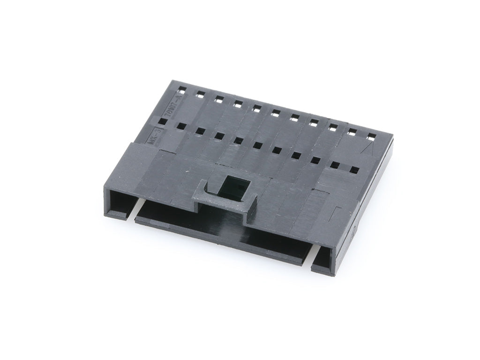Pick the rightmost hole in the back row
click(x=371, y=136)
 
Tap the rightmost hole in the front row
click(x=355, y=170)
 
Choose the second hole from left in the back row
click(x=200, y=93)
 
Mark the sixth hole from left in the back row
click(x=276, y=112)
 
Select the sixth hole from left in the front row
click(x=258, y=145)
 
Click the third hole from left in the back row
click(x=219, y=98)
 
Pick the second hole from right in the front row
click(x=335, y=165)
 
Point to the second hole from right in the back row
click(x=352, y=132)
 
